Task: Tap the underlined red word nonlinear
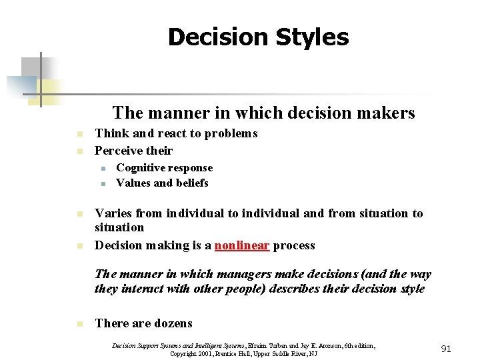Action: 241,245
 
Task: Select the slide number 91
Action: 446,348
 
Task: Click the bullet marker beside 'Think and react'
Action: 79,134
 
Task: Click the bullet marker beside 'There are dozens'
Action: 79,324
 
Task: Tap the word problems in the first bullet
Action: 231,133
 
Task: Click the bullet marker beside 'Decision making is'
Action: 79,246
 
